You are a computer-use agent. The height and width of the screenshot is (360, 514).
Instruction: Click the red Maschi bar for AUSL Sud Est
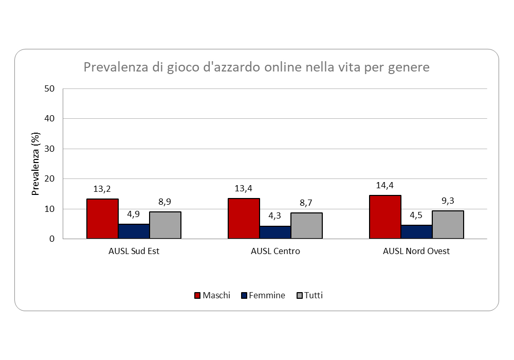tap(102, 219)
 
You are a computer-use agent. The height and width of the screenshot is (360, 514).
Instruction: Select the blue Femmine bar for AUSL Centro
tap(275, 232)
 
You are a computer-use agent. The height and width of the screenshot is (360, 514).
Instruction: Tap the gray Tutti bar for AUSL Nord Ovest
tap(448, 225)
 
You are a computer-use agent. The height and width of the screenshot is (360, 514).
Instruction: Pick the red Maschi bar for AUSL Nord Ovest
tap(385, 217)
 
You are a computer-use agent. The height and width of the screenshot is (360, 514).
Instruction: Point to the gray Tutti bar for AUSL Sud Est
tap(165, 225)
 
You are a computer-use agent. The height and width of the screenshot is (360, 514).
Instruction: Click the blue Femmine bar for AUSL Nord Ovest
tap(416, 232)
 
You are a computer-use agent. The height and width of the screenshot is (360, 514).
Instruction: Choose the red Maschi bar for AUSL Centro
tap(244, 219)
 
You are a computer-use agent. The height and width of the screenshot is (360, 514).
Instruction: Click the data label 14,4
tap(385, 185)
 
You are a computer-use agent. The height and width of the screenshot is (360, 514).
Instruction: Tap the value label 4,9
tap(134, 214)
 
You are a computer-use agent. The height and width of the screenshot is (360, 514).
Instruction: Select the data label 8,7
tap(306, 203)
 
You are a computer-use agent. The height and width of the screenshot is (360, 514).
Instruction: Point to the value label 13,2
tap(102, 189)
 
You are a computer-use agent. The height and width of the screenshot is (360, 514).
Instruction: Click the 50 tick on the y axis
tap(49, 88)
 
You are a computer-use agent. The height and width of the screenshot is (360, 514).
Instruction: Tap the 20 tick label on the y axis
tap(49, 179)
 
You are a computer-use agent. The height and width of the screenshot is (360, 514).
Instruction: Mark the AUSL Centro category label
tap(276, 251)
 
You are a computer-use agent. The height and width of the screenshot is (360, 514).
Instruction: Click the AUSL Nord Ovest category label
tap(416, 251)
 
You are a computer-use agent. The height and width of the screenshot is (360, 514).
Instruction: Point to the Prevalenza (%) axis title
tap(35, 164)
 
